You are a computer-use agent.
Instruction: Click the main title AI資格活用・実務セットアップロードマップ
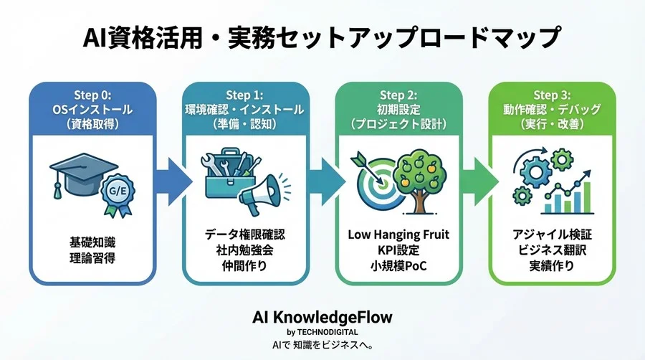click(x=322, y=36)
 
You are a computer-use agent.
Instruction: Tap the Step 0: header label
click(x=90, y=95)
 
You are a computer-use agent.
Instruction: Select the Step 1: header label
click(x=246, y=95)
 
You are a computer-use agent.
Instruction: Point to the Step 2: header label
click(x=398, y=95)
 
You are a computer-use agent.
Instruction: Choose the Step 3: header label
click(x=553, y=95)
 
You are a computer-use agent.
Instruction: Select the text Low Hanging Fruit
click(x=398, y=235)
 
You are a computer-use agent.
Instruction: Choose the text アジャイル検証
click(x=552, y=235)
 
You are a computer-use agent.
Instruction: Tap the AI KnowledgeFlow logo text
click(x=322, y=316)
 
